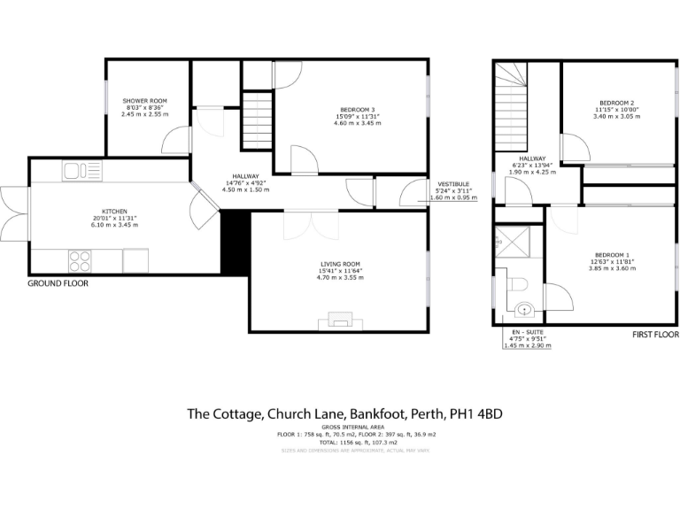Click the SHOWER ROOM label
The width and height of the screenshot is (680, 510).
click(144, 101)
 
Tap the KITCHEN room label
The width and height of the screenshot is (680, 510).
click(115, 212)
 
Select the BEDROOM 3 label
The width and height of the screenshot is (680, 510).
click(358, 109)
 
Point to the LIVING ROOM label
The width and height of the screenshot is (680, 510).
click(340, 264)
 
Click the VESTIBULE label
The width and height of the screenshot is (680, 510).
click(452, 183)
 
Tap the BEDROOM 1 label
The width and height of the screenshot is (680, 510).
click(614, 254)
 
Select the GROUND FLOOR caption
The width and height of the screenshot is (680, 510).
click(58, 284)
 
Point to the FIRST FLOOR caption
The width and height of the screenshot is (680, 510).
click(654, 336)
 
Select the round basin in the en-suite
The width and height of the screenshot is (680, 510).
click(526, 310)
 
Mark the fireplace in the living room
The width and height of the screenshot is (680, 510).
click(340, 321)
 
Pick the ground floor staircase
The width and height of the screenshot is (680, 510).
click(255, 123)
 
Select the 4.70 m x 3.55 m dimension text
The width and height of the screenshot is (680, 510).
click(340, 278)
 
